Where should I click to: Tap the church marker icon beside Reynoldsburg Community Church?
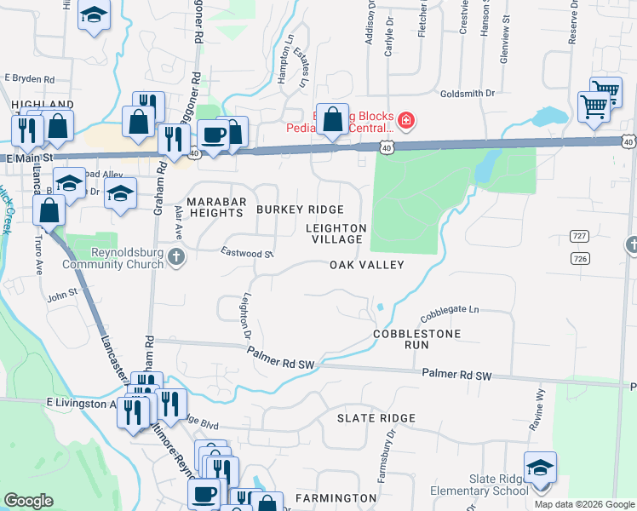click(175, 256)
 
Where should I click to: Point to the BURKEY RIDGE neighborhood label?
click(300, 210)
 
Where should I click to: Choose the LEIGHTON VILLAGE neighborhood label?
click(336, 234)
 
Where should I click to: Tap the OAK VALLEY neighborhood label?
click(366, 265)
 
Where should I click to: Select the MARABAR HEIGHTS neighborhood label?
click(216, 207)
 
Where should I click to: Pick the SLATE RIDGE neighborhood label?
click(376, 418)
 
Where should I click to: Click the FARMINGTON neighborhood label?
click(330, 497)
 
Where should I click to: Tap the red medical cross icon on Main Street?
click(405, 121)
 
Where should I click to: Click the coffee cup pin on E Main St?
click(213, 134)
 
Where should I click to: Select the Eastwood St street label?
click(246, 253)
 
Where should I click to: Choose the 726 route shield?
click(581, 257)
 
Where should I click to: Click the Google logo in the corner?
click(28, 501)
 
